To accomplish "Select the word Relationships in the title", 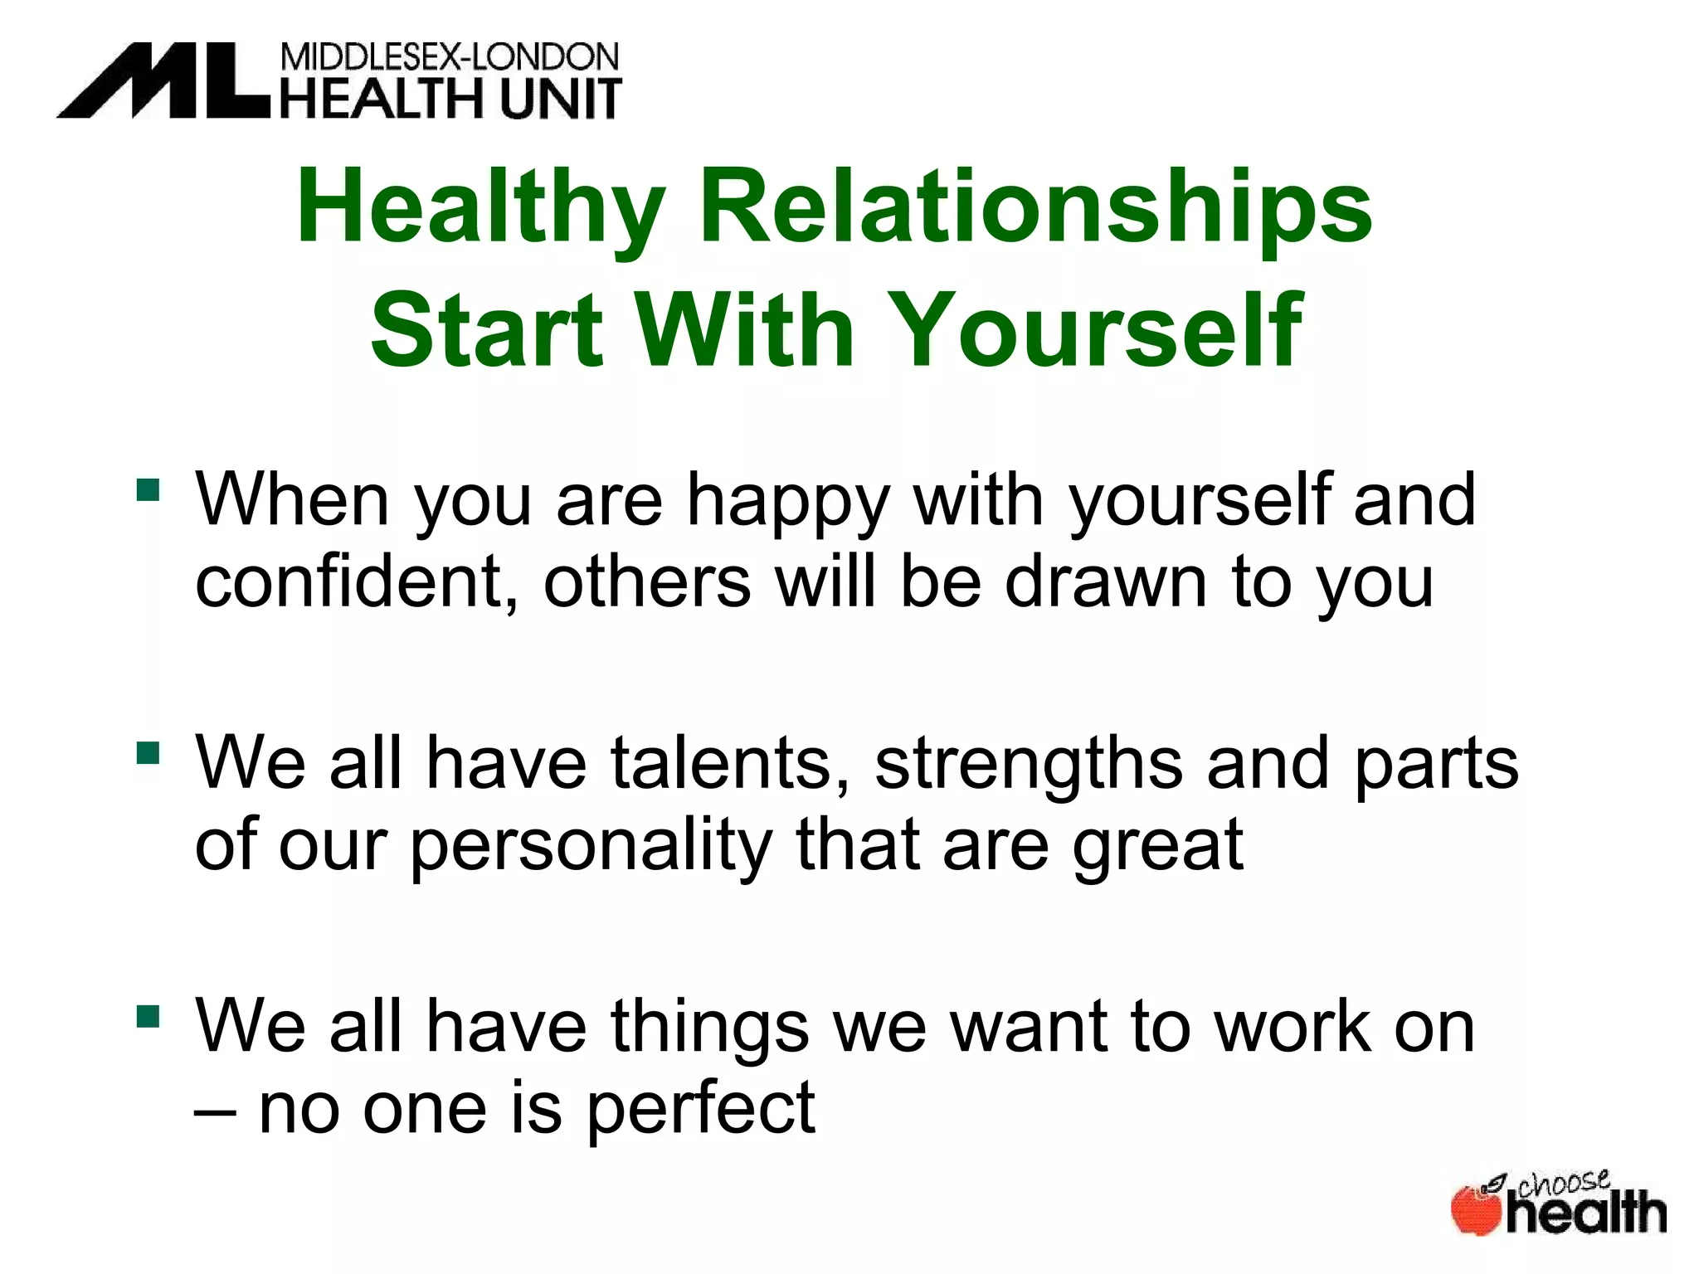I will (1036, 207).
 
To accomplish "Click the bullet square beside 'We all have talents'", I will (148, 752).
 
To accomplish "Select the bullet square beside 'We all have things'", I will (148, 1016).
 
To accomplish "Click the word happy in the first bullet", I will (788, 503).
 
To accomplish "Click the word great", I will (1158, 846).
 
